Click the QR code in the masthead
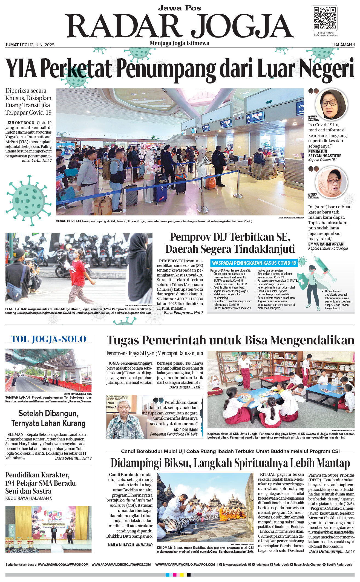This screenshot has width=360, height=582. click(x=324, y=18)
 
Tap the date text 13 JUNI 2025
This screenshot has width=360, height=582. click(x=42, y=45)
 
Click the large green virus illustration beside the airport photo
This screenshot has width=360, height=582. click(x=28, y=200)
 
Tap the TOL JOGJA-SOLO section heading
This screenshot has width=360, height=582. click(x=48, y=339)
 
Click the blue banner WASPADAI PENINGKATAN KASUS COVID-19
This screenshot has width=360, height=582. click(x=254, y=263)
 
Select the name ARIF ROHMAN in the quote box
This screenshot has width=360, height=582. click(x=185, y=430)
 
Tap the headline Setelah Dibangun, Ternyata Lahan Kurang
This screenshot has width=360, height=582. click(x=48, y=418)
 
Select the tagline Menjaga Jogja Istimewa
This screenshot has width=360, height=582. click(x=179, y=43)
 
